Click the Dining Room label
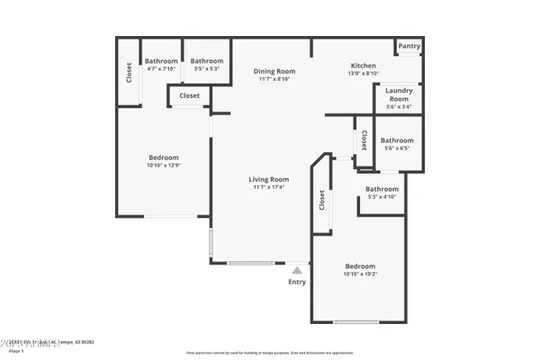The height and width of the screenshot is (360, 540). [x=274, y=71]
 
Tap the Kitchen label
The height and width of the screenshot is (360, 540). [x=363, y=66]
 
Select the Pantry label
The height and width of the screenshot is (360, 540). [x=409, y=46]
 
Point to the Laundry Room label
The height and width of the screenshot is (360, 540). [x=398, y=94]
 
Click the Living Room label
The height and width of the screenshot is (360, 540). [x=268, y=179]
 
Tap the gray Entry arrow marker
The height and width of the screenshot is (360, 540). [x=297, y=268]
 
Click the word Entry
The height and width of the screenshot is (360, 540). [x=297, y=282]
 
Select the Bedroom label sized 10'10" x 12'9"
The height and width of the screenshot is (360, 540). [x=163, y=157]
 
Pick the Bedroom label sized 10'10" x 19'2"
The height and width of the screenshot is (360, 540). [x=360, y=266]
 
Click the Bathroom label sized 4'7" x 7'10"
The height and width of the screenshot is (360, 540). [x=162, y=61]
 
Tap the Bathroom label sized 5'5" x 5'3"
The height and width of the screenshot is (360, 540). [x=207, y=61]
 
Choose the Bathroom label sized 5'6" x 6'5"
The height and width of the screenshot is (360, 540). [x=397, y=140]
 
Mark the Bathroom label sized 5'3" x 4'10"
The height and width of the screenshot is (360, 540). [x=382, y=189]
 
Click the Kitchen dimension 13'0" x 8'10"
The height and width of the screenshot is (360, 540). [x=363, y=74]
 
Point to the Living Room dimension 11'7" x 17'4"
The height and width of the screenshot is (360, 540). [x=268, y=187]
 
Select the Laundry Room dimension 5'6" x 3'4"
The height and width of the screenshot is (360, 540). [x=398, y=106]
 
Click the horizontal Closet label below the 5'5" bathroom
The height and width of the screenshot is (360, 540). [x=189, y=95]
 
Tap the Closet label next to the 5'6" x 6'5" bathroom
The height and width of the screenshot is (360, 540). [x=364, y=140]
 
